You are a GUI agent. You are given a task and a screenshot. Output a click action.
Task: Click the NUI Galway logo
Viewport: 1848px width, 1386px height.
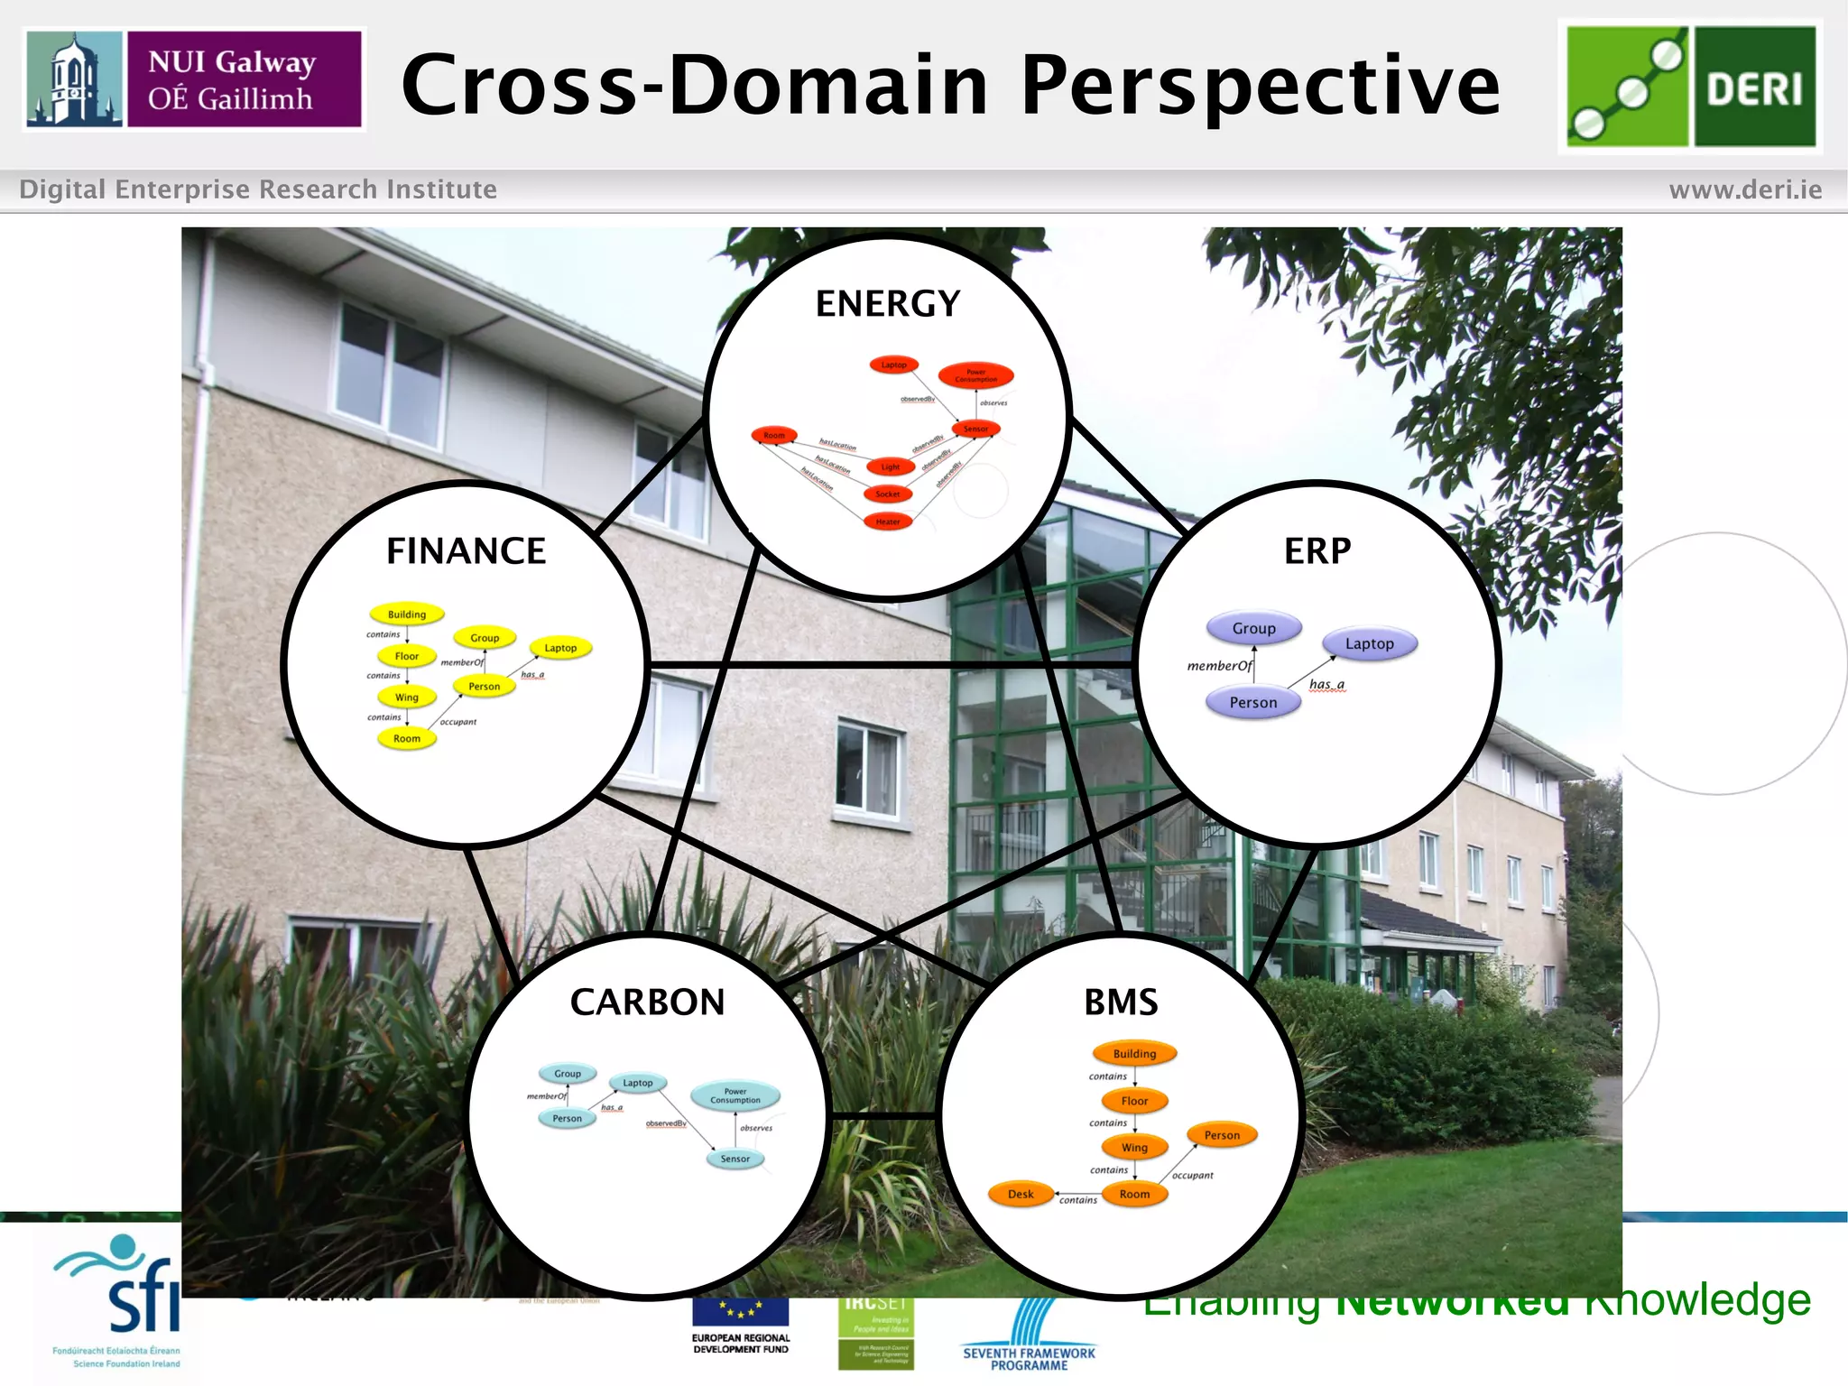pyautogui.click(x=194, y=79)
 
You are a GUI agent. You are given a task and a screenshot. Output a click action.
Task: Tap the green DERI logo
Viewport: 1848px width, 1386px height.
pyautogui.click(x=1690, y=87)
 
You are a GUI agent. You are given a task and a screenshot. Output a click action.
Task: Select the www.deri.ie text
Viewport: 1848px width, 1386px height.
pyautogui.click(x=1744, y=189)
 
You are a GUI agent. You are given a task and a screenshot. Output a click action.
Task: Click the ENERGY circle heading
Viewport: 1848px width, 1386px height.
pyautogui.click(x=888, y=304)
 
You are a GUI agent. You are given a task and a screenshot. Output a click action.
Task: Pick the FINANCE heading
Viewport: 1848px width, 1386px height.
pyautogui.click(x=466, y=551)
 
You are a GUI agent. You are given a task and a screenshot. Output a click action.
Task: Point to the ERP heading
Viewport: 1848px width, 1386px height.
pyautogui.click(x=1317, y=551)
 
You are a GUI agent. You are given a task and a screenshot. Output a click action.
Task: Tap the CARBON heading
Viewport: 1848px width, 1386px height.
pyautogui.click(x=647, y=1003)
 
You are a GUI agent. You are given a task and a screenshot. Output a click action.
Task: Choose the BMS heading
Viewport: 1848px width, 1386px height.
pyautogui.click(x=1121, y=1003)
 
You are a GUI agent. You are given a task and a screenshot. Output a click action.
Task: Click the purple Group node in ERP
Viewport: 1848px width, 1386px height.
pyautogui.click(x=1253, y=628)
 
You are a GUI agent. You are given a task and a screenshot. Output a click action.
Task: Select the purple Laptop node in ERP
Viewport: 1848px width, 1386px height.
pyautogui.click(x=1369, y=643)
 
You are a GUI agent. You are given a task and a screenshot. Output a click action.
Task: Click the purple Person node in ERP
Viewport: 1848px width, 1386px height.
pyautogui.click(x=1252, y=702)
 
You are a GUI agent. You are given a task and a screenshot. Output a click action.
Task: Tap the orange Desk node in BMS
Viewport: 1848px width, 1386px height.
pyautogui.click(x=1021, y=1194)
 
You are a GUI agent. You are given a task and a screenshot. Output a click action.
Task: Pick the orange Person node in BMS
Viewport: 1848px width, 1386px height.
pyautogui.click(x=1222, y=1135)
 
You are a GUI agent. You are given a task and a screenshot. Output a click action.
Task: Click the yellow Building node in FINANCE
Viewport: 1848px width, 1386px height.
pyautogui.click(x=407, y=614)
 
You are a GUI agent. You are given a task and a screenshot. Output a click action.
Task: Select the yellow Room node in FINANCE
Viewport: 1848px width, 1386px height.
pyautogui.click(x=407, y=738)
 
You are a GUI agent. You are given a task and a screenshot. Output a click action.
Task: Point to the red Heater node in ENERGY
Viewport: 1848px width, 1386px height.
pyautogui.click(x=888, y=522)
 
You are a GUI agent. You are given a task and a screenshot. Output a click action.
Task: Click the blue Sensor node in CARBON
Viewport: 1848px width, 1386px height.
pyautogui.click(x=735, y=1159)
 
